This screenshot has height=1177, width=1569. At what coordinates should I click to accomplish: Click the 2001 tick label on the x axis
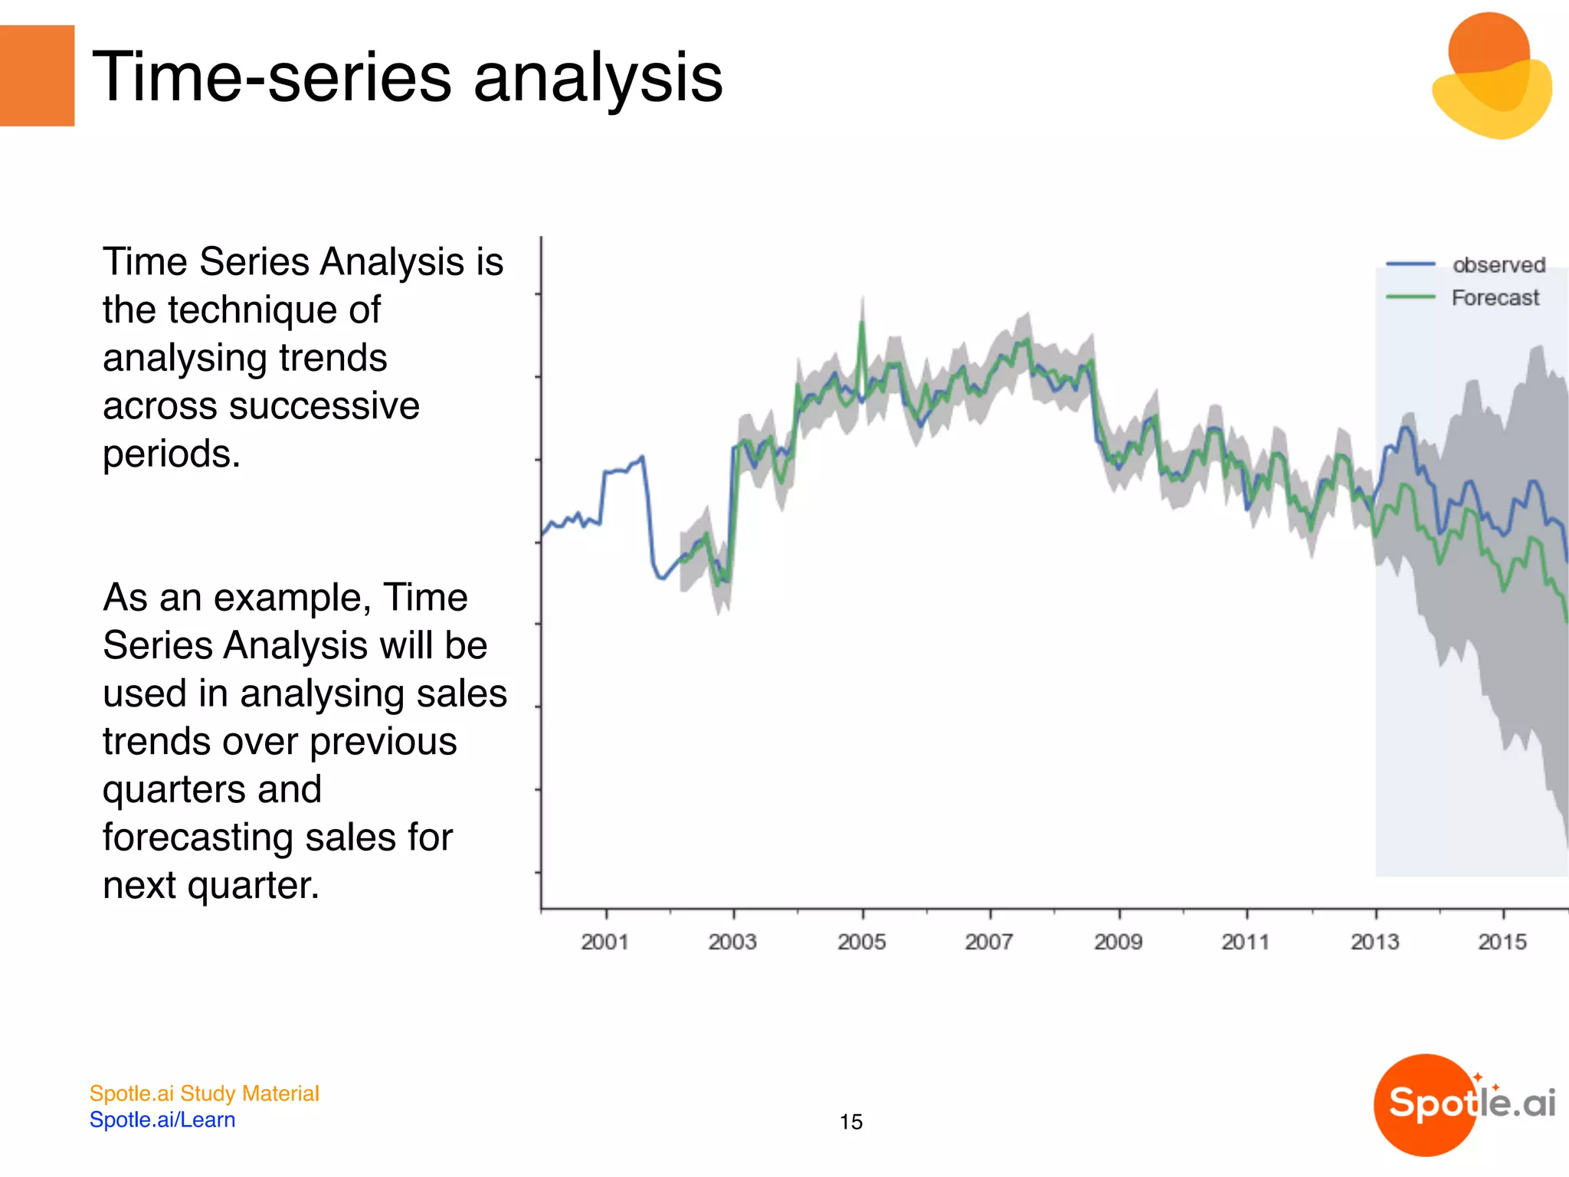pyautogui.click(x=604, y=942)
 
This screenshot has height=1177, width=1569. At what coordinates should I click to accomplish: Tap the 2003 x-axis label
pyautogui.click(x=732, y=942)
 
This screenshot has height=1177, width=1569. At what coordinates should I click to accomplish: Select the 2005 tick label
pyautogui.click(x=861, y=942)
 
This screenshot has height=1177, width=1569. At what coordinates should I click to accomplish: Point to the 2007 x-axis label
pyautogui.click(x=989, y=942)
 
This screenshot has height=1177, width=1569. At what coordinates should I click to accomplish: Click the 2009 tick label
pyautogui.click(x=1118, y=942)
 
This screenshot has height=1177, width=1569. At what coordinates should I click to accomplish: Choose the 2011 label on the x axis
pyautogui.click(x=1246, y=942)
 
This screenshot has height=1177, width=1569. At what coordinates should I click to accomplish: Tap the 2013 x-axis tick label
pyautogui.click(x=1374, y=942)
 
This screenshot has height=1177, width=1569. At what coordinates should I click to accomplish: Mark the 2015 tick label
pyautogui.click(x=1502, y=942)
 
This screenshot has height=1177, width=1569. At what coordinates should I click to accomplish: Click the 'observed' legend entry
pyautogui.click(x=1499, y=265)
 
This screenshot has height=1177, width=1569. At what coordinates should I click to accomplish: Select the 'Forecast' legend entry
pyautogui.click(x=1495, y=297)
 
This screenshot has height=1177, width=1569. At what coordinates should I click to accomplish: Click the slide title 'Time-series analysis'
pyautogui.click(x=407, y=77)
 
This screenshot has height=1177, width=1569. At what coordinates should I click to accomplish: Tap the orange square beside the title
pyautogui.click(x=37, y=75)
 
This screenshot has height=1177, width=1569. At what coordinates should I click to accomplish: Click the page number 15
pyautogui.click(x=850, y=1122)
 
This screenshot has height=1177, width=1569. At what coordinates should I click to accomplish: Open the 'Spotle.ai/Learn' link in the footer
pyautogui.click(x=162, y=1120)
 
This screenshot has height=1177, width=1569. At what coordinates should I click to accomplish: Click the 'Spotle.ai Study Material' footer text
pyautogui.click(x=204, y=1093)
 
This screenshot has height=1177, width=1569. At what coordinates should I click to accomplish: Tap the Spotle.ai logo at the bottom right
pyautogui.click(x=1466, y=1104)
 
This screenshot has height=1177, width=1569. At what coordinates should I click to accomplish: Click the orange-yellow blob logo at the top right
pyautogui.click(x=1491, y=77)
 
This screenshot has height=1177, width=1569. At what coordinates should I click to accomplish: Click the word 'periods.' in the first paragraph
pyautogui.click(x=172, y=454)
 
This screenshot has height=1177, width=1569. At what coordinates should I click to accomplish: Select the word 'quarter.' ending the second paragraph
pyautogui.click(x=253, y=885)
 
